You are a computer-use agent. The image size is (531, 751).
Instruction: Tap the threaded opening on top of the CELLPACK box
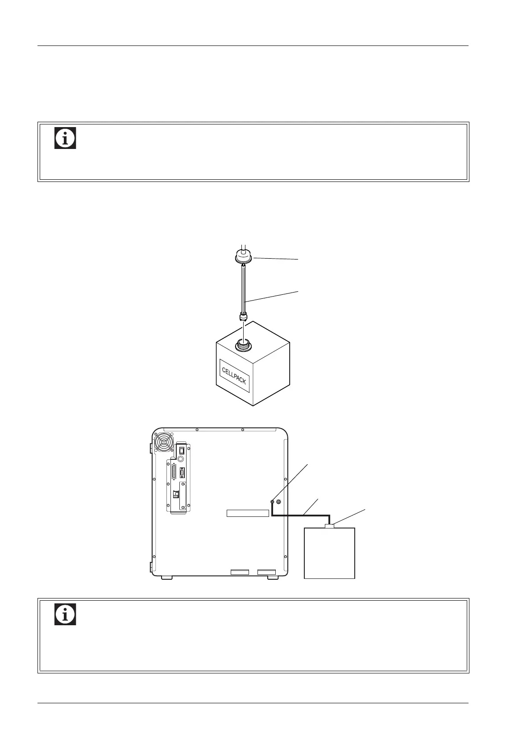pos(244,344)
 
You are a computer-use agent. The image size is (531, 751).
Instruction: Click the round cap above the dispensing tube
pos(244,257)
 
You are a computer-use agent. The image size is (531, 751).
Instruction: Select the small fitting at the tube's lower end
pos(244,317)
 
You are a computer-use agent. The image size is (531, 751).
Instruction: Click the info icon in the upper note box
pos(65,138)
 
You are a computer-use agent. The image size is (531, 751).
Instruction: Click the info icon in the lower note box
pos(65,614)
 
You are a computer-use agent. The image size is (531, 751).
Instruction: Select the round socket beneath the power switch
pos(181,458)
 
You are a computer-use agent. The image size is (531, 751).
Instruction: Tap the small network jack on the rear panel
pos(175,494)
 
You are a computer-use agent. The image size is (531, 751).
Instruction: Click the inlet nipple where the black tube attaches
pos(272,502)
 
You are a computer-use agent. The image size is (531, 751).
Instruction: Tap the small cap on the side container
pos(330,527)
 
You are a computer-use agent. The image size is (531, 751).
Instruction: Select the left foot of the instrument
pos(166,578)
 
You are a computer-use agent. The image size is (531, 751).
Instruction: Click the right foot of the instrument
pos(273,578)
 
